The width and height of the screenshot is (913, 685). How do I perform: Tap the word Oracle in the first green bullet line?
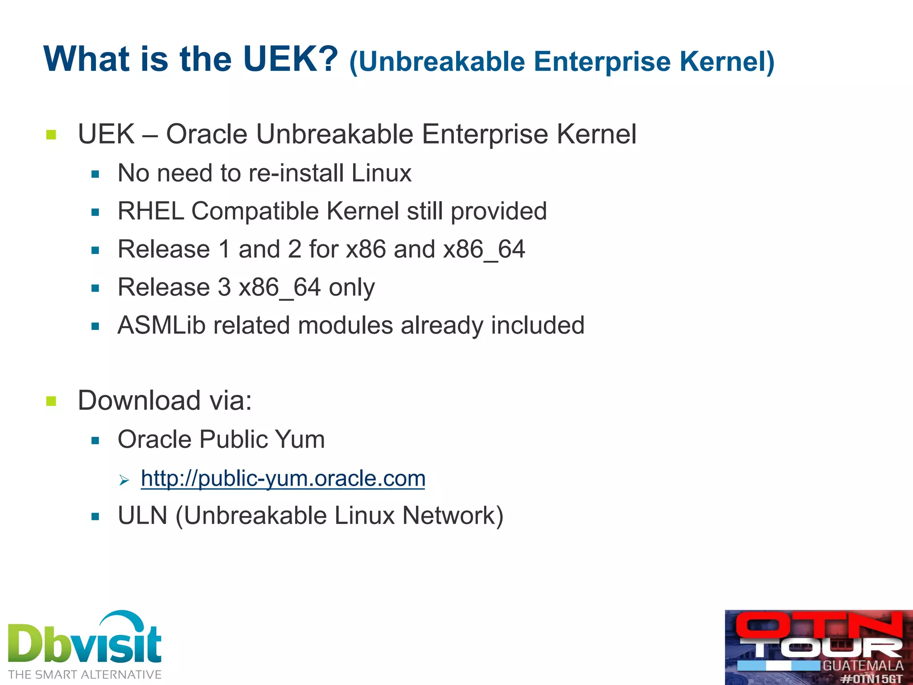(206, 134)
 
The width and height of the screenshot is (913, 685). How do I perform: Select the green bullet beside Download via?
(51, 401)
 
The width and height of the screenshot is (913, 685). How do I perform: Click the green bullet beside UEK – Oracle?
(51, 134)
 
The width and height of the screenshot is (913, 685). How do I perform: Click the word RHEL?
(151, 211)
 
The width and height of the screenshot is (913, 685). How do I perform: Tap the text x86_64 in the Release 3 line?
(280, 287)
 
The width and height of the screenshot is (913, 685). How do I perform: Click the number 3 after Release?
(224, 287)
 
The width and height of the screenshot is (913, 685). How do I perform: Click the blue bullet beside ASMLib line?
(95, 326)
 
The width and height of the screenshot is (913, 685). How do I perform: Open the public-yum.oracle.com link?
(283, 479)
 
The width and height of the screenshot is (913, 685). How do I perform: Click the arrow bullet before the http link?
(124, 480)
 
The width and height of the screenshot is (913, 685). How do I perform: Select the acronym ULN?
(143, 516)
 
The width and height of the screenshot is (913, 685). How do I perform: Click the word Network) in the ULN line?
(452, 516)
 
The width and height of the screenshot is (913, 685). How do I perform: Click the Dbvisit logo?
(85, 640)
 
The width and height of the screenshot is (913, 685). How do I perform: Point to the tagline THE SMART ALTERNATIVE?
(85, 675)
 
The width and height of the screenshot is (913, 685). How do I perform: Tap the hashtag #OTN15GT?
(871, 679)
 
